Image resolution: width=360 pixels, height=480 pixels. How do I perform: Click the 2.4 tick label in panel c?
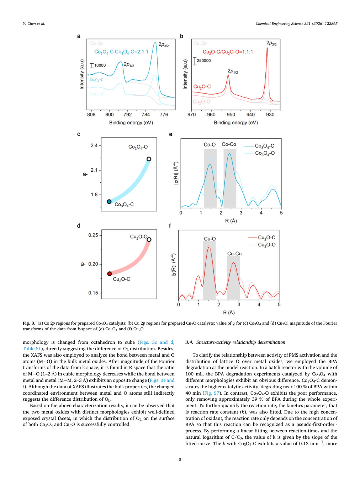tap(94, 146)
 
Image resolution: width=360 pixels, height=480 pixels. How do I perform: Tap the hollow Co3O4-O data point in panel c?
tap(149, 159)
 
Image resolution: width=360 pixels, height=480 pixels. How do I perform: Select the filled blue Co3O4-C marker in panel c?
tap(109, 201)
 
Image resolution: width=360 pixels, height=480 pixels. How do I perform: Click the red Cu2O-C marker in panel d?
tap(110, 273)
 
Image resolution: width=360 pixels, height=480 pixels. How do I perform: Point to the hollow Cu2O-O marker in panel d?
tap(149, 240)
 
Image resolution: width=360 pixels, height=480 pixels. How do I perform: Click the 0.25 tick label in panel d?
tap(93, 235)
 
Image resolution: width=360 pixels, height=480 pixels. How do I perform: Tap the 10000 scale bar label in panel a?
tap(100, 65)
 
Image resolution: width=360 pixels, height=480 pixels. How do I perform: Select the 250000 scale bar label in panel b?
tap(203, 60)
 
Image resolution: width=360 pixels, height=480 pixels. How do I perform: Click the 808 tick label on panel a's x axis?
tap(91, 114)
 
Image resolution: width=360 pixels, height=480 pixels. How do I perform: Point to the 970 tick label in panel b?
tap(192, 114)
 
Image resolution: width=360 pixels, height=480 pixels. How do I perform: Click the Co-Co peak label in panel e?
tap(229, 144)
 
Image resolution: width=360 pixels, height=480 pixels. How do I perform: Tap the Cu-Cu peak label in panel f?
tap(234, 254)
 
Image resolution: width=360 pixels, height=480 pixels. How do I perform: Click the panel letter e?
tap(171, 134)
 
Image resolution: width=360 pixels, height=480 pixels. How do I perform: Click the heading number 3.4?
tap(189, 342)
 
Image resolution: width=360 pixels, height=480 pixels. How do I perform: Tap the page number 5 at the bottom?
tap(180, 459)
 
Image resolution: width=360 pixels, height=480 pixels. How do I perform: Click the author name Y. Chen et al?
tap(34, 23)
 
